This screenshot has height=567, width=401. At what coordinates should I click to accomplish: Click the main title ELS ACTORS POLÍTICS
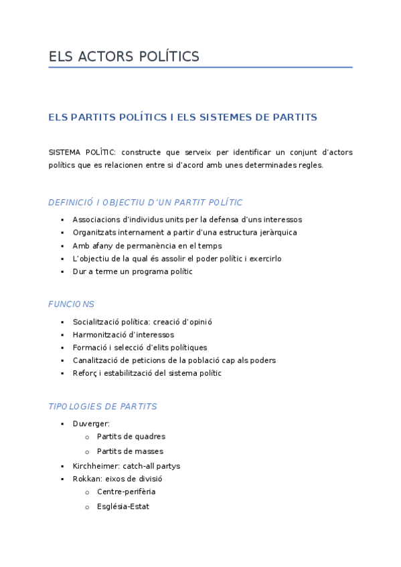click(124, 57)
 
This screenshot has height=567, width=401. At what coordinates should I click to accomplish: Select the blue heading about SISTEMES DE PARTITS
click(183, 117)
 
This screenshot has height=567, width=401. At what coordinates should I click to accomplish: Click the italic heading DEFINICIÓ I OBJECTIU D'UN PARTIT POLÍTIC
click(145, 202)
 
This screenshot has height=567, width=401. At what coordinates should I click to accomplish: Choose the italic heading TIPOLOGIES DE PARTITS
click(102, 407)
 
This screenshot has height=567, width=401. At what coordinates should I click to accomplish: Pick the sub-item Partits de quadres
click(131, 437)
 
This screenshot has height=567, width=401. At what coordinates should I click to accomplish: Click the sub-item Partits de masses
click(130, 451)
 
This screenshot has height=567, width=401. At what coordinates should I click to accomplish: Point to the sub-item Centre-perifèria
click(126, 491)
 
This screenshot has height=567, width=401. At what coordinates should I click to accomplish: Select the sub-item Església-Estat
click(123, 507)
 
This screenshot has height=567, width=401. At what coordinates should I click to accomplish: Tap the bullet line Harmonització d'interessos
click(123, 334)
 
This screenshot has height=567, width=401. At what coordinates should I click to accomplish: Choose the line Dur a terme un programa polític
click(133, 271)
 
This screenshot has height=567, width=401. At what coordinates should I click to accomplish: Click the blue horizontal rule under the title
click(200, 68)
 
